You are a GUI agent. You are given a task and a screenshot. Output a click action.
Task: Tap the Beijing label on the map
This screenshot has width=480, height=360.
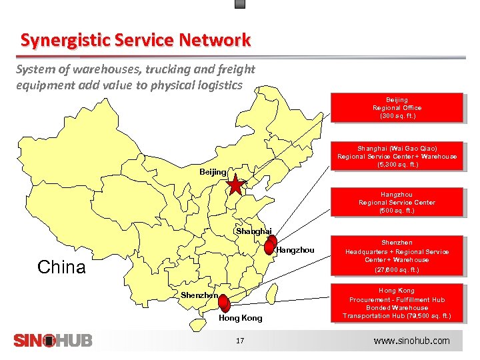pos(213,172)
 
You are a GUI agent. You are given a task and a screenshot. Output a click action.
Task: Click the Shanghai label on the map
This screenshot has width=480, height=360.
pos(253,231)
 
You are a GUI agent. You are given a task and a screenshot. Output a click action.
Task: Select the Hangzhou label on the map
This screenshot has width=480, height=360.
pos(295,250)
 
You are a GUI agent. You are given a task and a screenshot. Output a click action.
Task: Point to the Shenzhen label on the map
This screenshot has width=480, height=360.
pos(199,295)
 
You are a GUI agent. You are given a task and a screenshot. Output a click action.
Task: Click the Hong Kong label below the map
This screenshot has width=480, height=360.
pos(241,318)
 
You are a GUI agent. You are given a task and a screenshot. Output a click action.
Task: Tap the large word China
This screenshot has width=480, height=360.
pos(61,267)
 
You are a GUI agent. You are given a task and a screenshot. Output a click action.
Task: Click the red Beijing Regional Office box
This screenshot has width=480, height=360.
pos(397,108)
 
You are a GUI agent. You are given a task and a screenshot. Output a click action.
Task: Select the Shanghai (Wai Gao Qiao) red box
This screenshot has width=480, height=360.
pos(397,157)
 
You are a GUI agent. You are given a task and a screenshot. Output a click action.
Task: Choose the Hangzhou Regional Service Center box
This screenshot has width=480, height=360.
pos(397,203)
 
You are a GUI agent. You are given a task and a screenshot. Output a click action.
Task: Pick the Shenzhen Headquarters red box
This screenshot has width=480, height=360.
pos(397,256)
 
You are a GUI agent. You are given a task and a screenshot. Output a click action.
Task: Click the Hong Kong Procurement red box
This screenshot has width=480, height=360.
pos(397,303)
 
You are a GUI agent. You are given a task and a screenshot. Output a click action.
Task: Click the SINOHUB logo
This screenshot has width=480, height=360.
pos(53,341)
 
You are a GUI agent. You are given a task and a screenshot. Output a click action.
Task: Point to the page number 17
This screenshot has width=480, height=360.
pos(241,341)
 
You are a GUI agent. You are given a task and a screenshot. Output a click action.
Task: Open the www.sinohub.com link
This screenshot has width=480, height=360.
pos(411,341)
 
